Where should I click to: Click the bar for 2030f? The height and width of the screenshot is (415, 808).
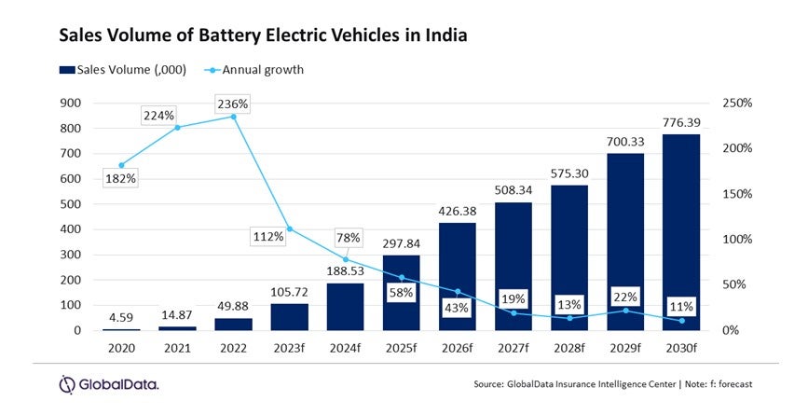click(x=681, y=232)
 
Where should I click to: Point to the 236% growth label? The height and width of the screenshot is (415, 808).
click(x=233, y=104)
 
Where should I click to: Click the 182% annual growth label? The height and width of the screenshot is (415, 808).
click(x=120, y=178)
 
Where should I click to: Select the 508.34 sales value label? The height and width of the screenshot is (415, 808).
click(x=514, y=189)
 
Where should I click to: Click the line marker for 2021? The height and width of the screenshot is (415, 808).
click(x=177, y=127)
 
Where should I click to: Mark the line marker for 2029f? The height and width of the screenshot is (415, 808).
click(x=625, y=311)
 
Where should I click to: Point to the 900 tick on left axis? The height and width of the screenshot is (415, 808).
click(x=96, y=103)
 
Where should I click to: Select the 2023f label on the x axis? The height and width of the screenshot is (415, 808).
click(x=289, y=350)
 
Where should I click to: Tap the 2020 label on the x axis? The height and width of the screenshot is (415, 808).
click(x=120, y=350)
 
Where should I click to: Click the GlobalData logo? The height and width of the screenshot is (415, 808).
click(x=108, y=384)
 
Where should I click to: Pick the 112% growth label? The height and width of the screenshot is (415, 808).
click(x=267, y=236)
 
